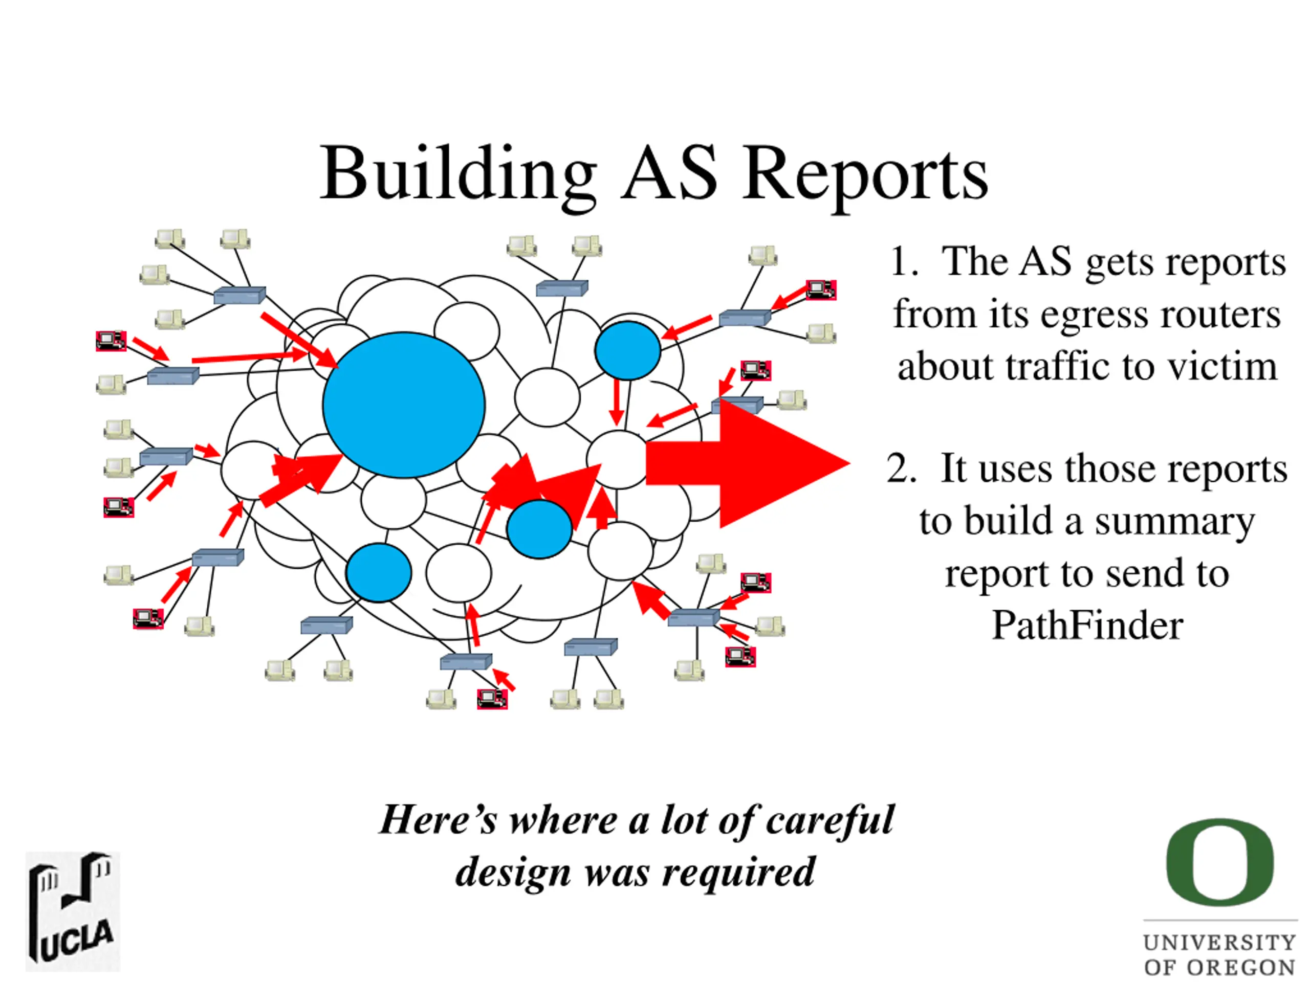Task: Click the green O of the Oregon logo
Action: click(x=1220, y=862)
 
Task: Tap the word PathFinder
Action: click(x=1087, y=626)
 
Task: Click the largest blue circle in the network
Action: click(x=404, y=405)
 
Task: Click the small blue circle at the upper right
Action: click(x=627, y=350)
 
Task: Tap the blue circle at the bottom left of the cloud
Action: click(x=379, y=572)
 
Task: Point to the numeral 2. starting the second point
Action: click(x=901, y=469)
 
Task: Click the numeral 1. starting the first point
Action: click(x=904, y=262)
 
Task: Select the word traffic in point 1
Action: click(x=1059, y=366)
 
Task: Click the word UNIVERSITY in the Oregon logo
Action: click(x=1220, y=942)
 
